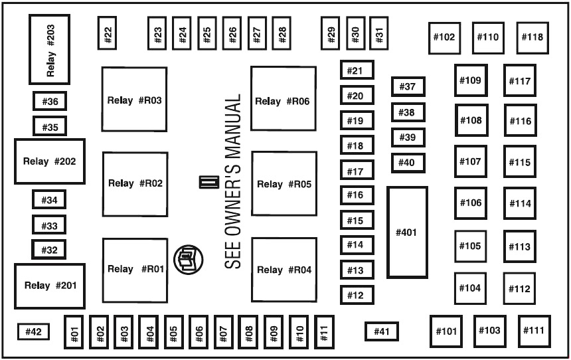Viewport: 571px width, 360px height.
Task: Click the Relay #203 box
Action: [x=50, y=49]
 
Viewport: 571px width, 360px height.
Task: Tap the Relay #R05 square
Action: [x=284, y=184]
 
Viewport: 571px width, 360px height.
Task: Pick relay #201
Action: [x=50, y=286]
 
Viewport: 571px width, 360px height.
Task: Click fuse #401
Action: [x=406, y=232]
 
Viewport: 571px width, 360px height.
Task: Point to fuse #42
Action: [x=33, y=331]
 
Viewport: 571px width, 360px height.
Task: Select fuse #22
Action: [x=108, y=33]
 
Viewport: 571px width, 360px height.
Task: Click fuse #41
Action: [x=381, y=331]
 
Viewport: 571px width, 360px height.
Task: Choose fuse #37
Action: [x=408, y=86]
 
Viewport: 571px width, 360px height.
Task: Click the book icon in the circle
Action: [x=186, y=258]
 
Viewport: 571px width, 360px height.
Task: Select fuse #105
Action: [x=469, y=246]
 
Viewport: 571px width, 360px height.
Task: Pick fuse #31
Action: [x=379, y=35]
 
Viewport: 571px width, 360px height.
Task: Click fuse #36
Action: [x=50, y=102]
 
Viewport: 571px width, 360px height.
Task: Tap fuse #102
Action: [x=444, y=37]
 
